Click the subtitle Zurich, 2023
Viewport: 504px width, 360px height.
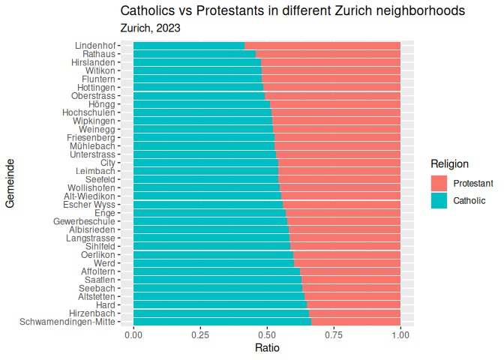point(150,28)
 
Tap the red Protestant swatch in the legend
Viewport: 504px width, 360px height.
point(439,183)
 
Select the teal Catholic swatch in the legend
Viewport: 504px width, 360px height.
point(439,200)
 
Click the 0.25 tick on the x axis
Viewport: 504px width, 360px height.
point(200,335)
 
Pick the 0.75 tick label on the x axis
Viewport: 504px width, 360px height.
point(334,335)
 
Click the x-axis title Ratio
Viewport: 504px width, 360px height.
point(267,348)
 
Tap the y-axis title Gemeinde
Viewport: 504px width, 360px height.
point(10,184)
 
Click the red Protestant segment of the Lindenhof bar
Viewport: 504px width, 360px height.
point(322,46)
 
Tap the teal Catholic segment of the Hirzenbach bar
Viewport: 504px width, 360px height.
point(220,313)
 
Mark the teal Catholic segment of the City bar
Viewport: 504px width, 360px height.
point(205,162)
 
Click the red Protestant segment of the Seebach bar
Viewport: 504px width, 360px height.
point(352,288)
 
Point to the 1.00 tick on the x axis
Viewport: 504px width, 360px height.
point(400,335)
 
